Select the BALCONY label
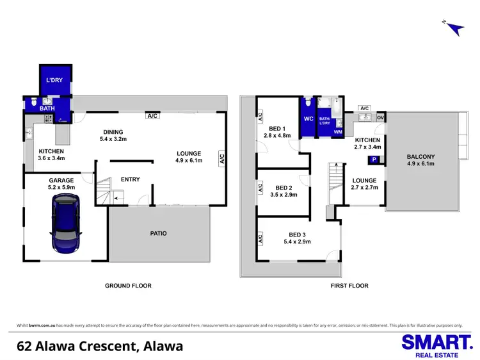pyautogui.click(x=420, y=157)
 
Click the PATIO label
pyautogui.click(x=158, y=234)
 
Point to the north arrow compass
pyautogui.click(x=453, y=28)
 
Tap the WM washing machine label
pyautogui.click(x=339, y=131)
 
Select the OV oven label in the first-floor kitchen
pyautogui.click(x=381, y=118)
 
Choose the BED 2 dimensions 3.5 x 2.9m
pyautogui.click(x=285, y=195)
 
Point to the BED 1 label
pyautogui.click(x=278, y=128)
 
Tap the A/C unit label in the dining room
pyautogui.click(x=152, y=117)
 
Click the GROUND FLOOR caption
pyautogui.click(x=128, y=286)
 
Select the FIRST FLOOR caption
pyautogui.click(x=349, y=286)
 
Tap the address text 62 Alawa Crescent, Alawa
pyautogui.click(x=100, y=347)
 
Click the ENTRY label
pyautogui.click(x=130, y=179)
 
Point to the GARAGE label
pyautogui.click(x=62, y=181)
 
